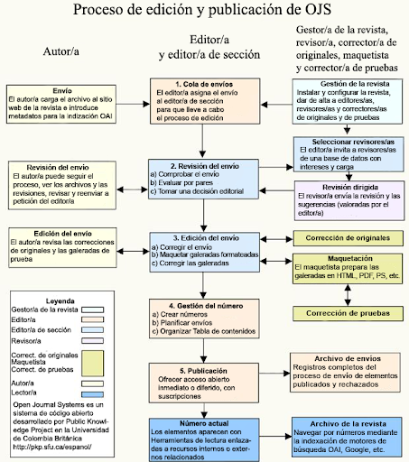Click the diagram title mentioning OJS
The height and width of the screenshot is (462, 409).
coord(204,12)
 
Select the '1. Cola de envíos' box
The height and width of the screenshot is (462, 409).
coord(203,102)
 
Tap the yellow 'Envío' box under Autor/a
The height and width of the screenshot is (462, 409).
coord(62,104)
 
